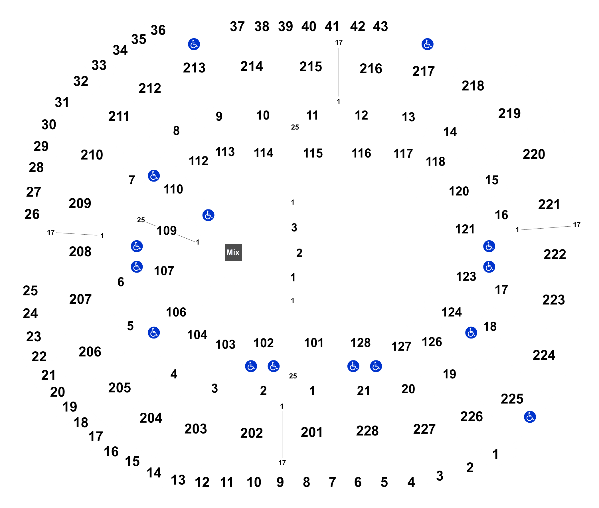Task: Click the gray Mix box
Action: coord(233,252)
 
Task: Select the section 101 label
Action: coord(313,343)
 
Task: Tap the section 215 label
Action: coord(310,66)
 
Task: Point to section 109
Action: coord(166,230)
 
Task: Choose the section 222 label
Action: coord(555,254)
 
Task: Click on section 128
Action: coord(360,343)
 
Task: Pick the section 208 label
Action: coord(80,251)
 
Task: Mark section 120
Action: coord(459,191)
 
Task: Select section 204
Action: coord(151,418)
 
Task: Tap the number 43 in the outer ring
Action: coord(380,26)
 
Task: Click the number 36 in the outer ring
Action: coord(158,30)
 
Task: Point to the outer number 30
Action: coord(49,124)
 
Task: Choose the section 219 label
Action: coord(509,113)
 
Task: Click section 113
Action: coord(225,152)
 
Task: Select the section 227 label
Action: coord(424,429)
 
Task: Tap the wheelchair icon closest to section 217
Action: coord(427,44)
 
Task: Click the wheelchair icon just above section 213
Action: coord(194,44)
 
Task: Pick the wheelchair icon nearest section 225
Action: coord(530,417)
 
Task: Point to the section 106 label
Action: coord(176,312)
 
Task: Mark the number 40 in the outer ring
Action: coord(309,26)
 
